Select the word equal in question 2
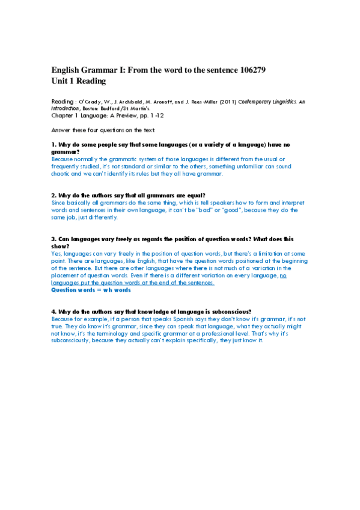click(194, 195)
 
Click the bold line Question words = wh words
click(91, 289)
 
